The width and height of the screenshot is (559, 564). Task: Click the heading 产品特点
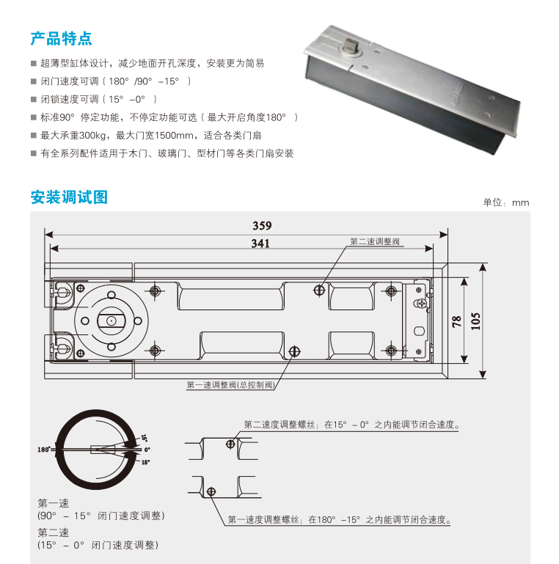pyautogui.click(x=61, y=38)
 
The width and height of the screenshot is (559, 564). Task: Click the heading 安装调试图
pyautogui.click(x=69, y=197)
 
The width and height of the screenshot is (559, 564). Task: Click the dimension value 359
pyautogui.click(x=262, y=226)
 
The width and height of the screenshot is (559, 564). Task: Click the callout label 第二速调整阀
pyautogui.click(x=374, y=241)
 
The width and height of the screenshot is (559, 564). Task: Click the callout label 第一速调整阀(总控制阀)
pyautogui.click(x=230, y=385)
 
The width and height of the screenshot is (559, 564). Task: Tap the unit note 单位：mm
pyautogui.click(x=505, y=202)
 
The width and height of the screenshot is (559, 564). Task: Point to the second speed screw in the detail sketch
pyautogui.click(x=230, y=444)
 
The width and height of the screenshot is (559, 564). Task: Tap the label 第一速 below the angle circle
pyautogui.click(x=53, y=503)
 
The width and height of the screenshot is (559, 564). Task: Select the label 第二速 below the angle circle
pyautogui.click(x=53, y=532)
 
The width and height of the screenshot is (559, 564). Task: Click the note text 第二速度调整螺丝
pyautogui.click(x=283, y=425)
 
